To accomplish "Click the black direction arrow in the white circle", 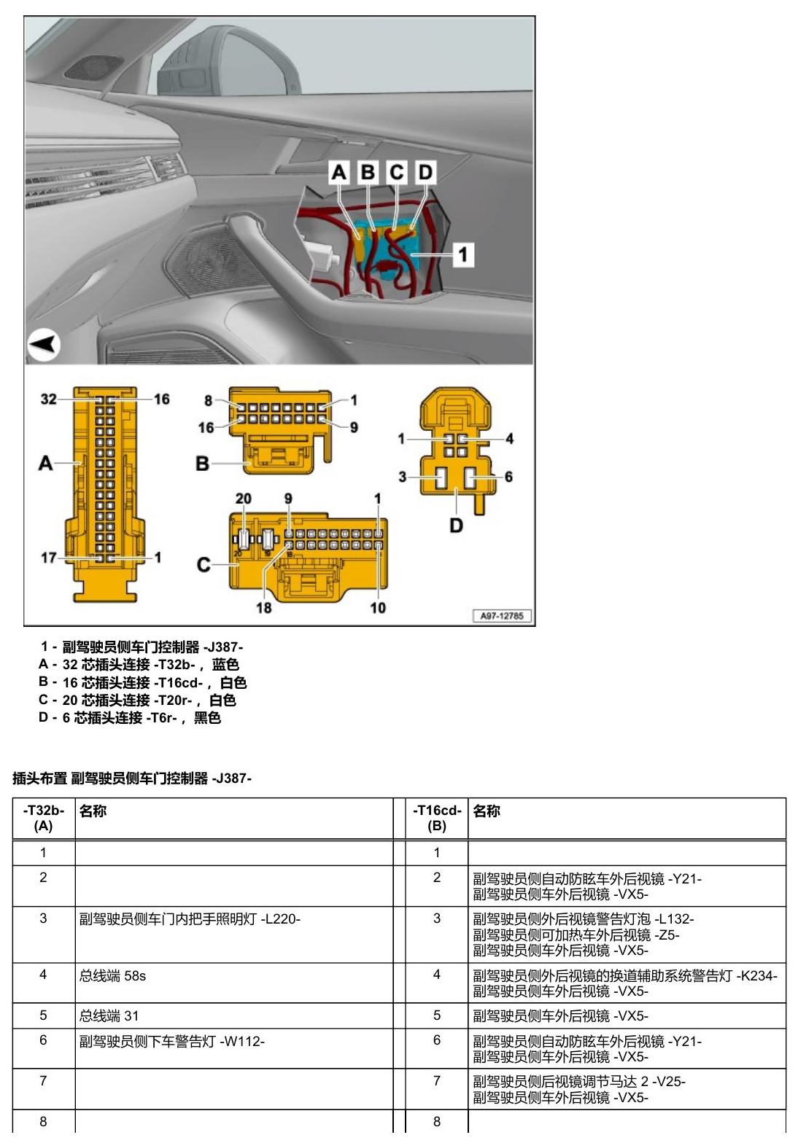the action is [x=42, y=344].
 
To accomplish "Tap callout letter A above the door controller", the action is [x=339, y=173].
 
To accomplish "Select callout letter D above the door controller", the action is [x=425, y=173].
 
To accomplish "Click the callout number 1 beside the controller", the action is [x=463, y=254].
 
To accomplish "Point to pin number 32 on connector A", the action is [x=48, y=399].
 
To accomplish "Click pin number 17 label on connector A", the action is [x=48, y=558].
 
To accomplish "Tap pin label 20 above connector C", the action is [x=243, y=499].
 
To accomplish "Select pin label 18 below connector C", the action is [x=264, y=608].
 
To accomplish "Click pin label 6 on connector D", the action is [x=508, y=477].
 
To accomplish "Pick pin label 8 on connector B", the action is [x=209, y=401].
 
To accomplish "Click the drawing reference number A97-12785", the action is [x=502, y=616].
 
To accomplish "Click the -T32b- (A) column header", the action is [x=43, y=818].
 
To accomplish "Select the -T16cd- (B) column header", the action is [x=437, y=818].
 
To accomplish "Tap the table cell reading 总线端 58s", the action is [x=112, y=976].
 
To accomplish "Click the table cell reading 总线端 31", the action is [x=109, y=1016].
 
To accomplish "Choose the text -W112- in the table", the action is [x=242, y=1042].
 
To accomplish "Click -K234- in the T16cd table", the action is [x=756, y=976].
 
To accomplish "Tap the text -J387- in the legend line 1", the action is [x=223, y=647].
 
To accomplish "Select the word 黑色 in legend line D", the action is [x=207, y=718].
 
